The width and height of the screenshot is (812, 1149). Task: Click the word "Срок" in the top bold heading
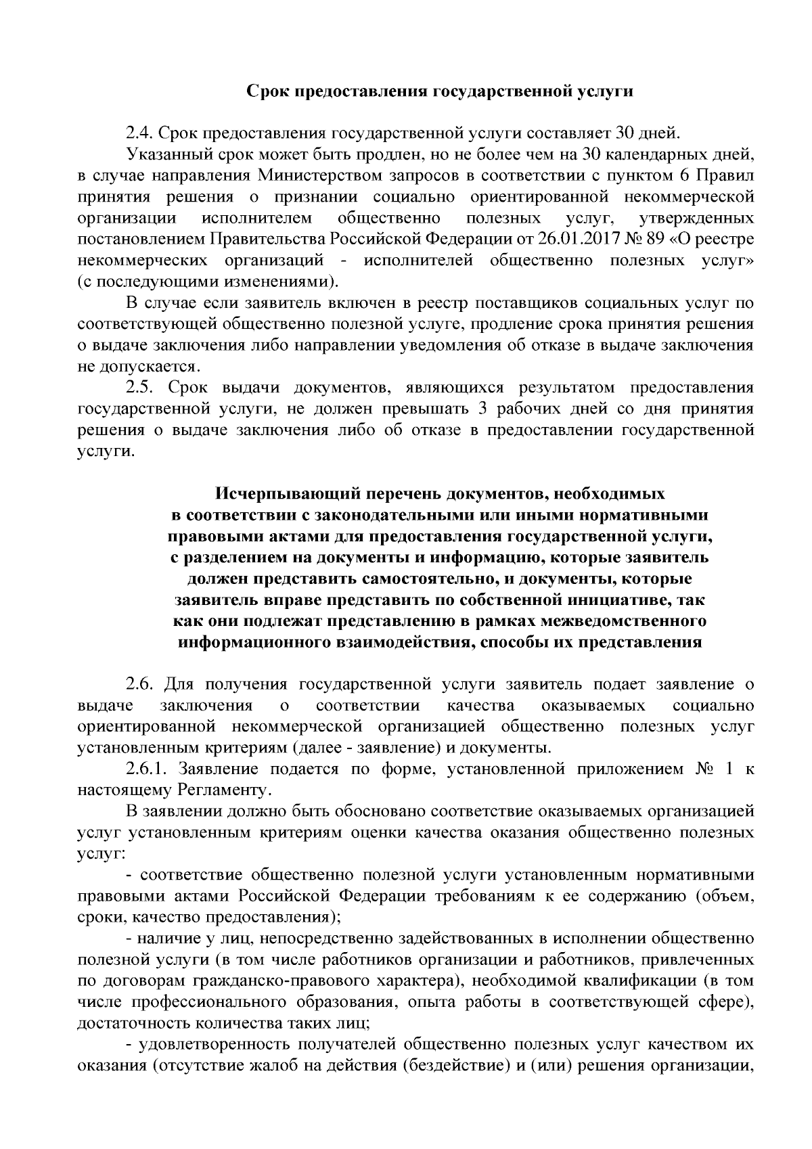click(268, 91)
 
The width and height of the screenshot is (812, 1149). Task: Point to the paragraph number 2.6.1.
click(147, 769)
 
